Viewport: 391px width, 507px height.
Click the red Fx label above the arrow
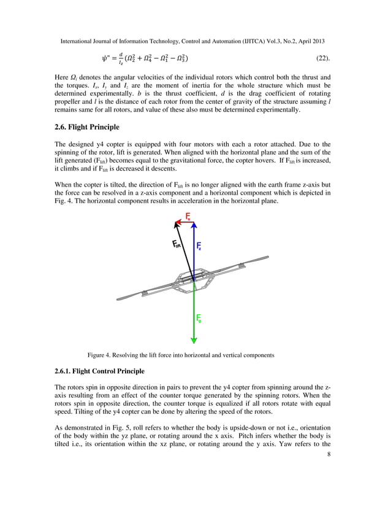[x=188, y=217]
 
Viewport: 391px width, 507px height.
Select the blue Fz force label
[x=199, y=246]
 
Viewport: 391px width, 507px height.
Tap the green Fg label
[x=199, y=318]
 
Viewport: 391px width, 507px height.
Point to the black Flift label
[x=175, y=246]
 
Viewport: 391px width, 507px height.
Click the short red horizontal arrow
[x=186, y=222]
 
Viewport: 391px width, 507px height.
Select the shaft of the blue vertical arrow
[x=194, y=252]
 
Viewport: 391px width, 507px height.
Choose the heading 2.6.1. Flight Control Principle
[x=100, y=371]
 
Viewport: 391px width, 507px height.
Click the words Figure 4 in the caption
[x=102, y=355]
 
